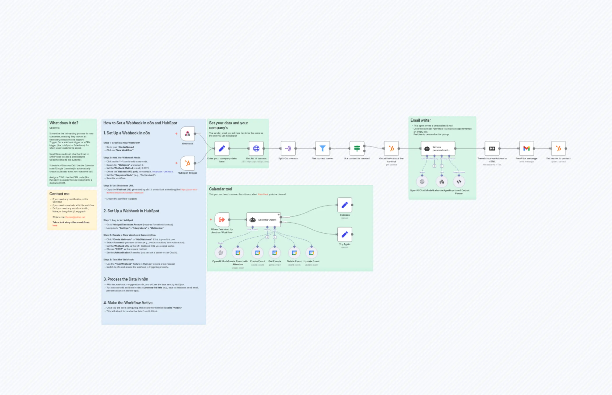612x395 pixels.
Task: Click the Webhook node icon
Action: point(187,134)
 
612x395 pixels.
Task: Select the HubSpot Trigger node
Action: point(187,163)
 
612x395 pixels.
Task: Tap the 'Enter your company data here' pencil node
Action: point(222,149)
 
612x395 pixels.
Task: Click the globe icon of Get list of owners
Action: point(256,149)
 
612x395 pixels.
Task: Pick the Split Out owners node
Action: point(288,149)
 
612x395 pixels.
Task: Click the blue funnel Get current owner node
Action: point(322,149)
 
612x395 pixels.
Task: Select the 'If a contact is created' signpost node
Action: point(357,149)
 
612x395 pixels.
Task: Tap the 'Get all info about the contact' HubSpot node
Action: point(391,149)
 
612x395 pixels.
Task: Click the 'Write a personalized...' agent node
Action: point(438,149)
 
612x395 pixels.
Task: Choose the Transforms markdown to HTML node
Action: point(492,149)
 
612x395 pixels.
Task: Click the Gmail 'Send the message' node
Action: point(526,149)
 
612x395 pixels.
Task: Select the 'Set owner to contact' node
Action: point(558,149)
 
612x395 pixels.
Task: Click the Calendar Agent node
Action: point(263,220)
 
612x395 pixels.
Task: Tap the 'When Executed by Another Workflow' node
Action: point(222,220)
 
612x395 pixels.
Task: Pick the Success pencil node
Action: point(345,205)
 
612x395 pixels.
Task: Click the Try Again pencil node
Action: point(345,234)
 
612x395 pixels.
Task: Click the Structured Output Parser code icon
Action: point(459,182)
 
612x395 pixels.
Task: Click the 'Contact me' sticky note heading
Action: point(59,194)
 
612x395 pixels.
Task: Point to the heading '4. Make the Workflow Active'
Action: point(128,303)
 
